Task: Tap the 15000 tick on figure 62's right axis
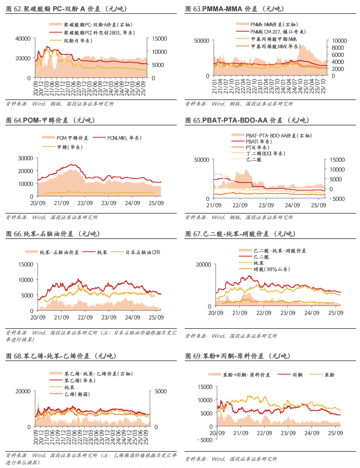159,38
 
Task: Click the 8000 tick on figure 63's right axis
337,48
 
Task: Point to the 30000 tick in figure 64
26,158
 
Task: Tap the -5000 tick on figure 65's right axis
336,199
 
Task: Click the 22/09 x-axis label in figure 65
240,205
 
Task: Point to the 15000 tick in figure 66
26,264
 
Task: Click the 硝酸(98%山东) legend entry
271,269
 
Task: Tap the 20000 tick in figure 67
203,264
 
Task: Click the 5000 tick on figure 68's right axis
160,391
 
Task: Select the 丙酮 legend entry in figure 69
297,375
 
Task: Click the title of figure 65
247,120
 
